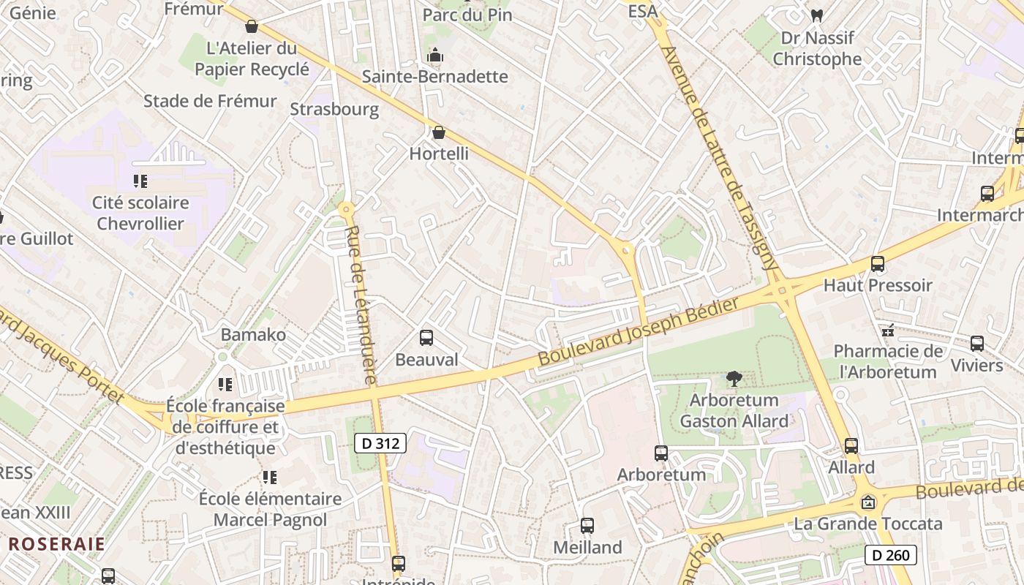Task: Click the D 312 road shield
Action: (380, 442)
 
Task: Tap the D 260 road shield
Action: (891, 555)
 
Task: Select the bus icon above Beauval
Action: (426, 338)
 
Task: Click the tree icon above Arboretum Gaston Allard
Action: (734, 378)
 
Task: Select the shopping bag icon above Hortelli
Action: (439, 132)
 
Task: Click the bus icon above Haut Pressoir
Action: (878, 264)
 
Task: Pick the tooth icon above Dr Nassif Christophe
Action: (817, 15)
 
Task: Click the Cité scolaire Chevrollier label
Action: (140, 213)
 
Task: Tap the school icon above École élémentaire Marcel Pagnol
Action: (270, 478)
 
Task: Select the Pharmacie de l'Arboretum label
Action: (888, 361)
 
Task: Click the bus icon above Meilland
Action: (587, 526)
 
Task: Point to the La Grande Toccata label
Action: (868, 524)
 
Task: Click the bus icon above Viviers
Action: (977, 344)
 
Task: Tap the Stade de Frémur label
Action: (210, 101)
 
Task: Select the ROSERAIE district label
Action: (57, 544)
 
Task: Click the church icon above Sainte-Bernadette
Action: (435, 55)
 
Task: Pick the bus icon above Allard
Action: (851, 446)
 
